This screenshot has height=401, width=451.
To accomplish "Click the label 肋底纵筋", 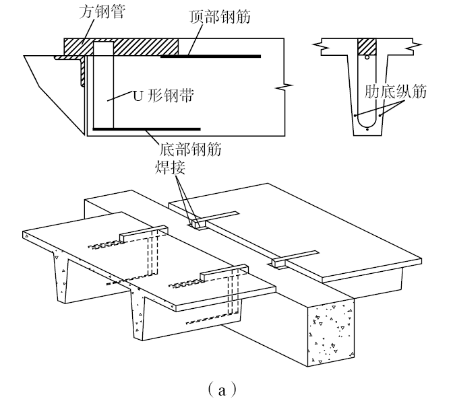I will [395, 92].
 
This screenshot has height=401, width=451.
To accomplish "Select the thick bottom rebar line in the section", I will [146, 128].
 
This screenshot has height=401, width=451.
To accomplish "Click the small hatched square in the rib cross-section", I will [367, 46].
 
